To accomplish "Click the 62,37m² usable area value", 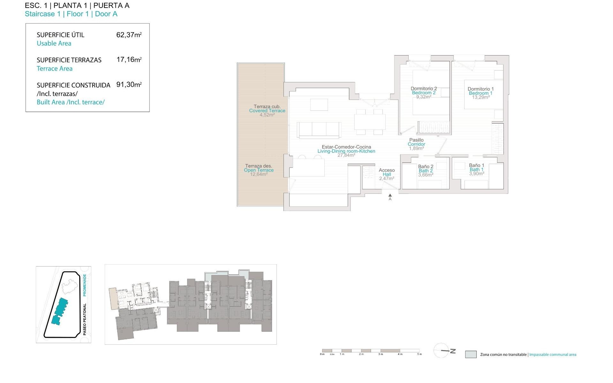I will point(129,35).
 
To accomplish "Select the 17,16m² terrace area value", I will point(129,60).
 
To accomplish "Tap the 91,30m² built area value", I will point(129,85).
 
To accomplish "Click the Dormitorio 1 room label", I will point(481,89).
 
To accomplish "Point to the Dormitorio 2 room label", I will point(424,89).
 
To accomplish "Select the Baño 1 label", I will point(476,165).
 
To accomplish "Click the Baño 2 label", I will point(426,167).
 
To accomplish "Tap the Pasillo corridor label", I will point(416,140).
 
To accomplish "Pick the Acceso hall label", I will point(387,170).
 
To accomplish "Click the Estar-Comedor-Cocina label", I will point(346,147).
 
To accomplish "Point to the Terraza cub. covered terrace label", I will point(267,107).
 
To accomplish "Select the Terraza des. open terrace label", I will point(259,166).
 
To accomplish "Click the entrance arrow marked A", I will point(390,196).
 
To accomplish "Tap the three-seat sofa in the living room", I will point(319,130).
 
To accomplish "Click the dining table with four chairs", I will point(370,122).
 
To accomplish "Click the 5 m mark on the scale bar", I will point(419,354).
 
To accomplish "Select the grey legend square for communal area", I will point(471,354).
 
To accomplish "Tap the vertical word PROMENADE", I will point(85,285).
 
